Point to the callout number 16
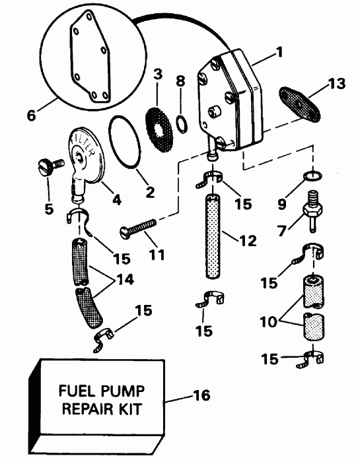(201, 395)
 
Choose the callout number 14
(124, 279)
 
